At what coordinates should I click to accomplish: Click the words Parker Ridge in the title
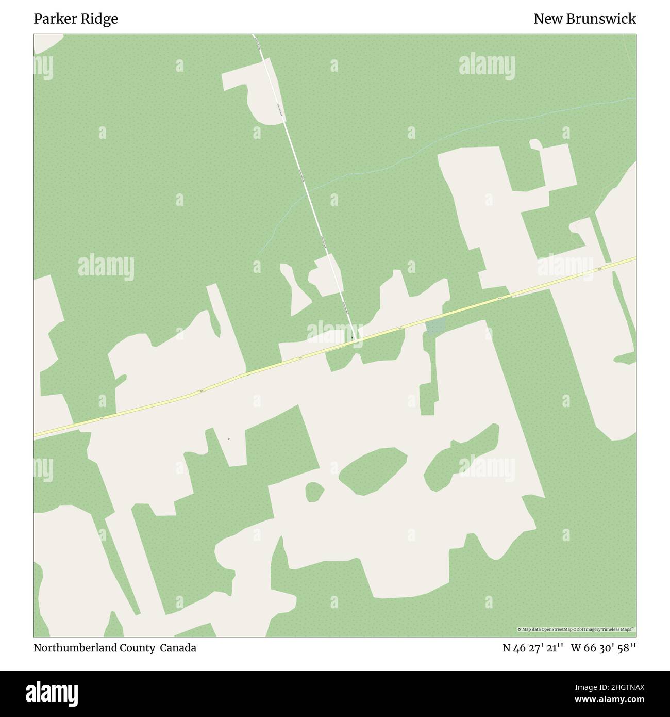(x=76, y=19)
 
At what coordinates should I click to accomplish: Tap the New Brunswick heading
(x=584, y=19)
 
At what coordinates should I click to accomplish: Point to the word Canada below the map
(x=178, y=648)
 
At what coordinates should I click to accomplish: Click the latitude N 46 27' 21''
(x=533, y=648)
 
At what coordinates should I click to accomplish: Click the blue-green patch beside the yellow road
(x=435, y=326)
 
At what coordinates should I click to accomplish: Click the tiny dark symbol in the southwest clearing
(x=228, y=439)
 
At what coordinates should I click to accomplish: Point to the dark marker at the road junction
(x=352, y=338)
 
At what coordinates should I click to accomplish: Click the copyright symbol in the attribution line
(x=520, y=629)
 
